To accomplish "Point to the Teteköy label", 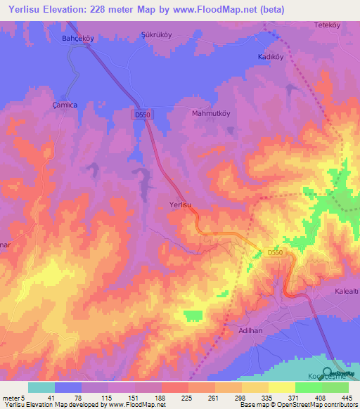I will [326, 25].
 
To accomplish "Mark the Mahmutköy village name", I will [211, 112].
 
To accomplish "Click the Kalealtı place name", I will [345, 291].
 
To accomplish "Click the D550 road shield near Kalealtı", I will [276, 252].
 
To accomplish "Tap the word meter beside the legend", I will [10, 397].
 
